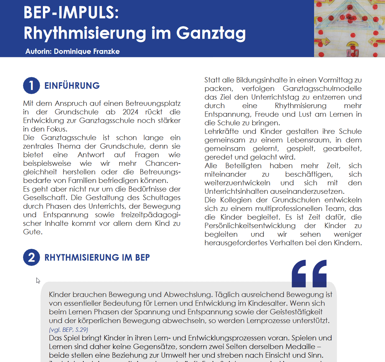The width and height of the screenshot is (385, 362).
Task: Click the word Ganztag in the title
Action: pos(211,33)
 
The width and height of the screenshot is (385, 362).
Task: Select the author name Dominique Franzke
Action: pos(86,51)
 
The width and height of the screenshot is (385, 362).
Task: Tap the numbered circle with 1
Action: pos(31,86)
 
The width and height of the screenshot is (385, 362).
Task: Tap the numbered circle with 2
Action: pos(31,258)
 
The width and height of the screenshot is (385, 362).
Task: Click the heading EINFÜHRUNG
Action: pos(72,86)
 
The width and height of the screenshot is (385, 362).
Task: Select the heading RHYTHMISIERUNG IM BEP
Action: pos(97,258)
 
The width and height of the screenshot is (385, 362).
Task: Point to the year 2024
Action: pos(130,112)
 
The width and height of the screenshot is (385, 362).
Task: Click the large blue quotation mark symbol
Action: pos(309,273)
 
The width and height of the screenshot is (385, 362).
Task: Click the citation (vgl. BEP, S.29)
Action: pos(68,330)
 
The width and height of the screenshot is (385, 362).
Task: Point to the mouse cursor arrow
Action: pos(38,280)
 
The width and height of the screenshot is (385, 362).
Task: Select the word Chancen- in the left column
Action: pos(163,163)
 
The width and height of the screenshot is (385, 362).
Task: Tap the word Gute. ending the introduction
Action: pos(33,232)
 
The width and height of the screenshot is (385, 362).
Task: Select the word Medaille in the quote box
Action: pos(300,346)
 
